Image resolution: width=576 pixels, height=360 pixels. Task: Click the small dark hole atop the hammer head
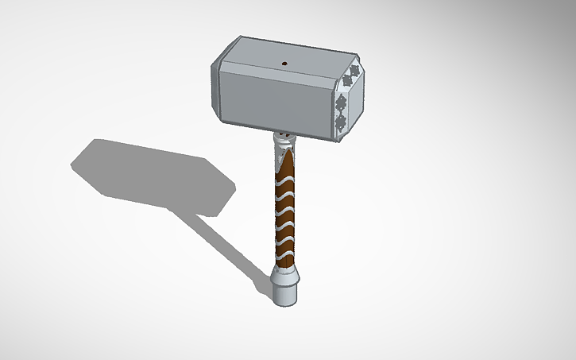point(284,62)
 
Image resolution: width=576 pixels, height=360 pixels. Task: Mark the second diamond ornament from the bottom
point(340,103)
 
